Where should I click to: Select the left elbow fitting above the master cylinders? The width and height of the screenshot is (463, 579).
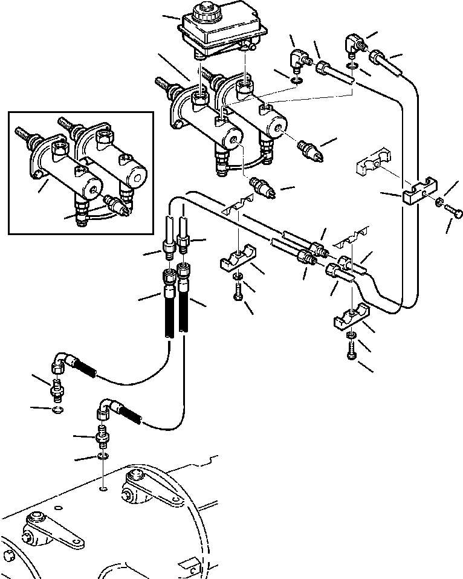(x=297, y=60)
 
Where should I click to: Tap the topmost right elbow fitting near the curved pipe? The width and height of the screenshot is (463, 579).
(x=353, y=44)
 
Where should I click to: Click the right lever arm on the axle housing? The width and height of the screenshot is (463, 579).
(x=151, y=487)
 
